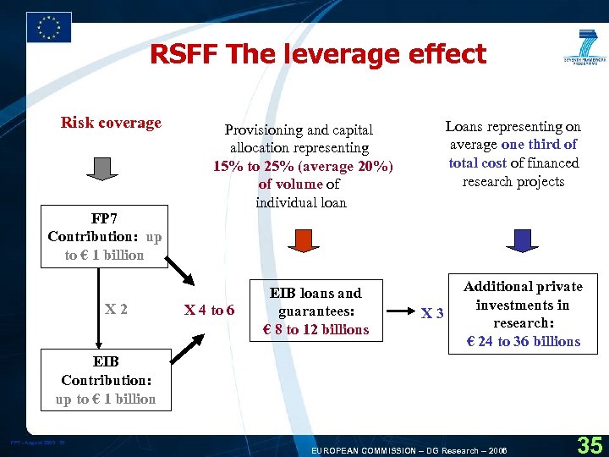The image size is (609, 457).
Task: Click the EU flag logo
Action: click(x=49, y=28)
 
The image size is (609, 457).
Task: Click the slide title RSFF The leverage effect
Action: click(x=318, y=55)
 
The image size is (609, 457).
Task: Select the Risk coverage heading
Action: click(x=111, y=123)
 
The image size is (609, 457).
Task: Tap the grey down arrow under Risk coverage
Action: click(x=103, y=168)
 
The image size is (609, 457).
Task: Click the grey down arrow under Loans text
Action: click(x=522, y=240)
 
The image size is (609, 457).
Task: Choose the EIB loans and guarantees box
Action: click(x=316, y=311)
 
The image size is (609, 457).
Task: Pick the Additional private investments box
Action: click(x=523, y=314)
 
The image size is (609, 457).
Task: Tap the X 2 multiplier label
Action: click(x=116, y=310)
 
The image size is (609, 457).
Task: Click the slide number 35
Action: click(x=589, y=443)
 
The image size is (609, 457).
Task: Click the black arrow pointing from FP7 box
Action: click(x=181, y=273)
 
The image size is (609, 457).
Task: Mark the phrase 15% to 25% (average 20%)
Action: click(x=304, y=166)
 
